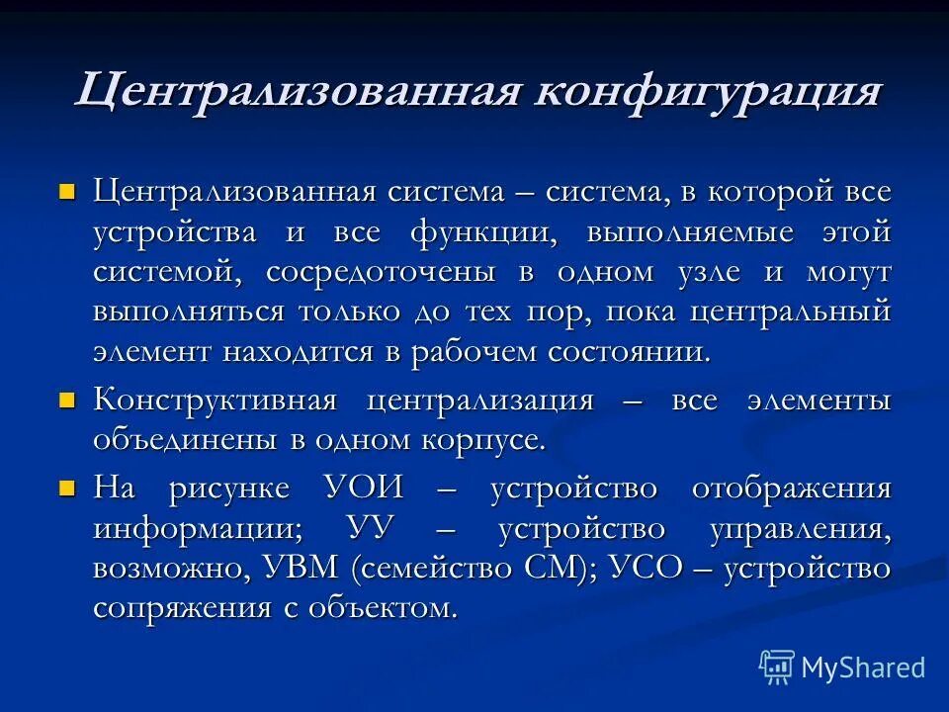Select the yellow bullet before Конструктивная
[67, 400]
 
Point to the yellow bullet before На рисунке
[67, 487]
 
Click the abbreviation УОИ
[364, 488]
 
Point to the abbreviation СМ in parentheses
[555, 570]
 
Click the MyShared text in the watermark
[863, 667]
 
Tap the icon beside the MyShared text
[777, 667]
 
